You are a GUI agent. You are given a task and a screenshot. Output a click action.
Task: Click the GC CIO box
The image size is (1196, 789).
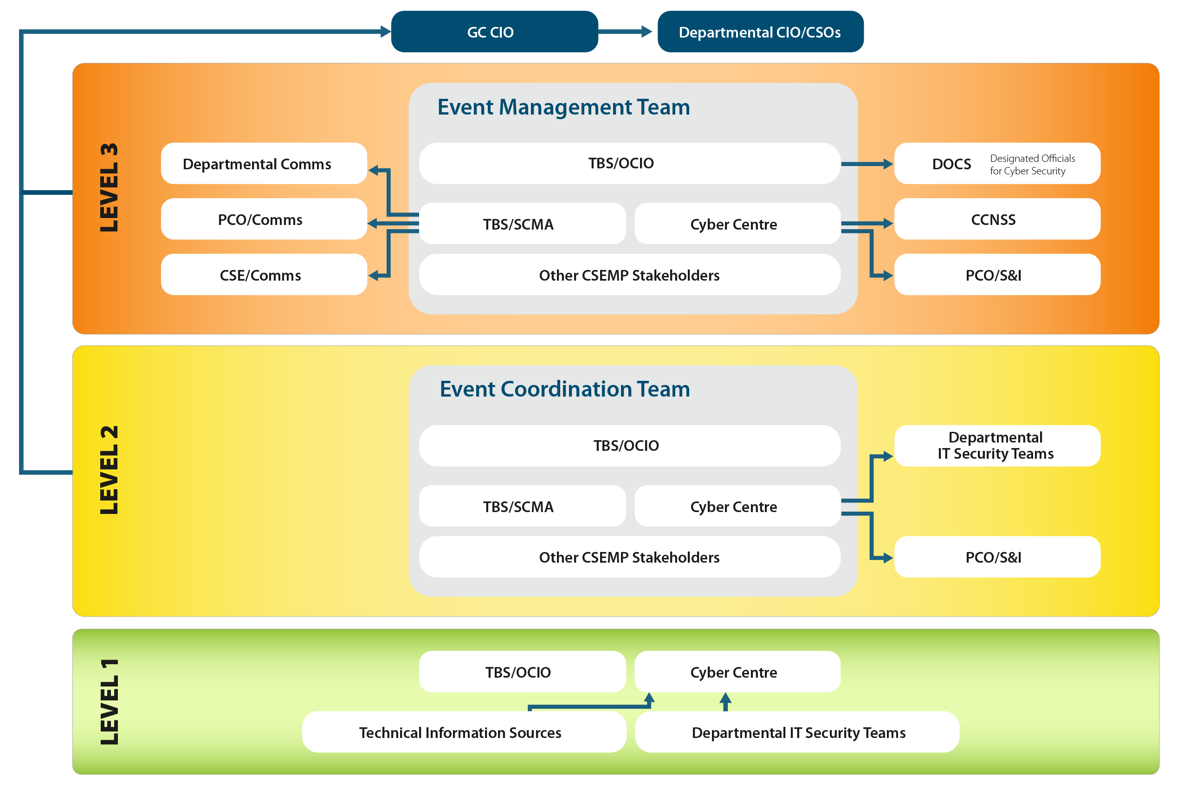[x=494, y=32]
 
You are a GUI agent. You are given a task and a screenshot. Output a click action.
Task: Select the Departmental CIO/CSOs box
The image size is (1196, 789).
[x=760, y=32]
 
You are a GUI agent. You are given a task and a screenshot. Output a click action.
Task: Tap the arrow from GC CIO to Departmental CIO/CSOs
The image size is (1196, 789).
[x=626, y=32]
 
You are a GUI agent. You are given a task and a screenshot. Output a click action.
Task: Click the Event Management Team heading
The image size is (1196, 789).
[x=563, y=107]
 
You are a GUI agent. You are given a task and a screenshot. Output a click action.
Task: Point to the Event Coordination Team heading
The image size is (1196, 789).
[x=564, y=389]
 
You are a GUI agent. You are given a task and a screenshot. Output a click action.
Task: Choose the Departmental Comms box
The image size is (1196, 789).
[x=263, y=164]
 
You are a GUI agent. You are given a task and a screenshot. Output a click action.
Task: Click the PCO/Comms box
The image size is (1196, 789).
[x=263, y=219]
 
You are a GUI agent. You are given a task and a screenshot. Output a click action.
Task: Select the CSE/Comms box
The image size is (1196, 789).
[x=263, y=275]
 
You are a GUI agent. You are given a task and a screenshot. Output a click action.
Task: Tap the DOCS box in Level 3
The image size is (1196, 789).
[x=951, y=164]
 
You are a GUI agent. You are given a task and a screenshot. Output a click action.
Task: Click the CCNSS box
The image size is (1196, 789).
[x=997, y=219]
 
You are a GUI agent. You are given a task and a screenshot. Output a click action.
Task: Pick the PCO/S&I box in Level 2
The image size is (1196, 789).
[x=997, y=557]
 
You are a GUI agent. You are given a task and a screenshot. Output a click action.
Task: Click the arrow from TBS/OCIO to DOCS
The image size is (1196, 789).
[x=866, y=164]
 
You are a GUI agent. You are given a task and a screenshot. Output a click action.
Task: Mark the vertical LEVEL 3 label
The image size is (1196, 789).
[x=109, y=187]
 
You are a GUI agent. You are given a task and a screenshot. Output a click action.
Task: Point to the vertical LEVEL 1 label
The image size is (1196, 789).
[x=109, y=701]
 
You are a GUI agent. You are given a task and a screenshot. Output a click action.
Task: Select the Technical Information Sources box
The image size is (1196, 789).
[x=464, y=732]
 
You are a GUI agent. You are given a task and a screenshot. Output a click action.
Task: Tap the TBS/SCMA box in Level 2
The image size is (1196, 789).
[x=522, y=506]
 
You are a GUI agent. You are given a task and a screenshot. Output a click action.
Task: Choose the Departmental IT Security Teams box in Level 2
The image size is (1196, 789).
[x=997, y=446]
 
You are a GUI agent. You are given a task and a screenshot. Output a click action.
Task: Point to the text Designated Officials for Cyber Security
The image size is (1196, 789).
[x=1032, y=165]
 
